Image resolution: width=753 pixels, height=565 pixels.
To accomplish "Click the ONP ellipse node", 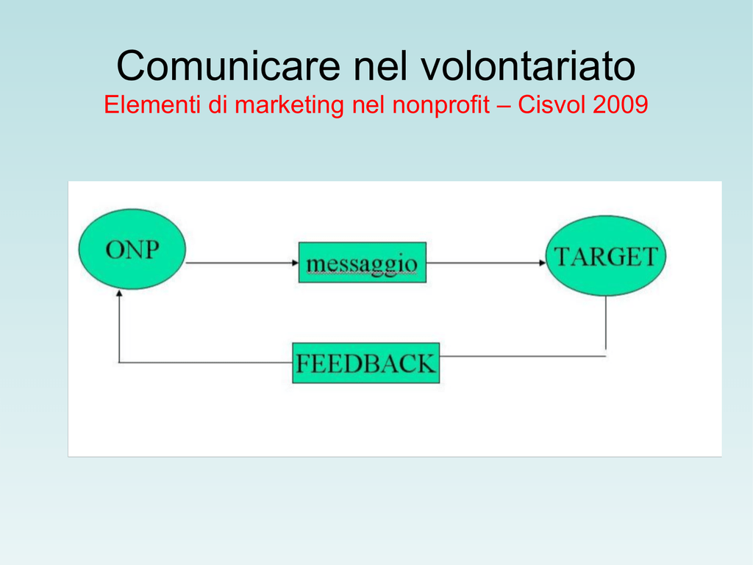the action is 132,249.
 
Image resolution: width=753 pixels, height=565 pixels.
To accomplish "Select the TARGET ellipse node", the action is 606,255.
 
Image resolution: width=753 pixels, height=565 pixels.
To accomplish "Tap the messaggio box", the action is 363,263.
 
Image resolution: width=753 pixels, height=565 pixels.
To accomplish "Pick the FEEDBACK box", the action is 366,363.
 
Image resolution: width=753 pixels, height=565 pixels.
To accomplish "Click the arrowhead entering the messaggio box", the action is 296,263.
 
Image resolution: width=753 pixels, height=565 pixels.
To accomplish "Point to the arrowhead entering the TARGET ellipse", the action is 543,263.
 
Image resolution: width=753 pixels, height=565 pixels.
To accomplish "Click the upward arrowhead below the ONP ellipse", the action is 119,293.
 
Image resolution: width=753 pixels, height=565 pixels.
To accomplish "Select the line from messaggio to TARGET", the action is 486,263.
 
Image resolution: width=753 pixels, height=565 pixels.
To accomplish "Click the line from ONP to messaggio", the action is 242,263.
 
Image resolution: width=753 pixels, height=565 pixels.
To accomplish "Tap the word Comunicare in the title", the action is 229,65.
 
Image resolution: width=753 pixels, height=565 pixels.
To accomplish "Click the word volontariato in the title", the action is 529,65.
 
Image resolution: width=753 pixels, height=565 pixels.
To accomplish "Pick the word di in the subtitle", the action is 217,104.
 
